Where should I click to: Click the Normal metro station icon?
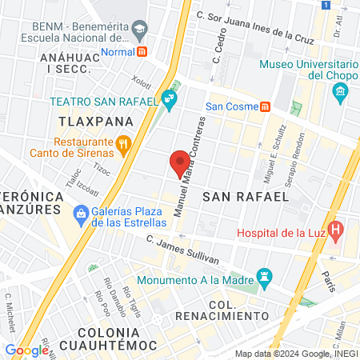(x=142, y=50)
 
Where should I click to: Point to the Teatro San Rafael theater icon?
(x=168, y=100)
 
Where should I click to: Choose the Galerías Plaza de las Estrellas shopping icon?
(x=80, y=214)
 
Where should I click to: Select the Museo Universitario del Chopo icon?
(x=340, y=90)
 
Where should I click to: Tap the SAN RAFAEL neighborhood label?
(x=256, y=196)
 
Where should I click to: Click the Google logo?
(x=26, y=350)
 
